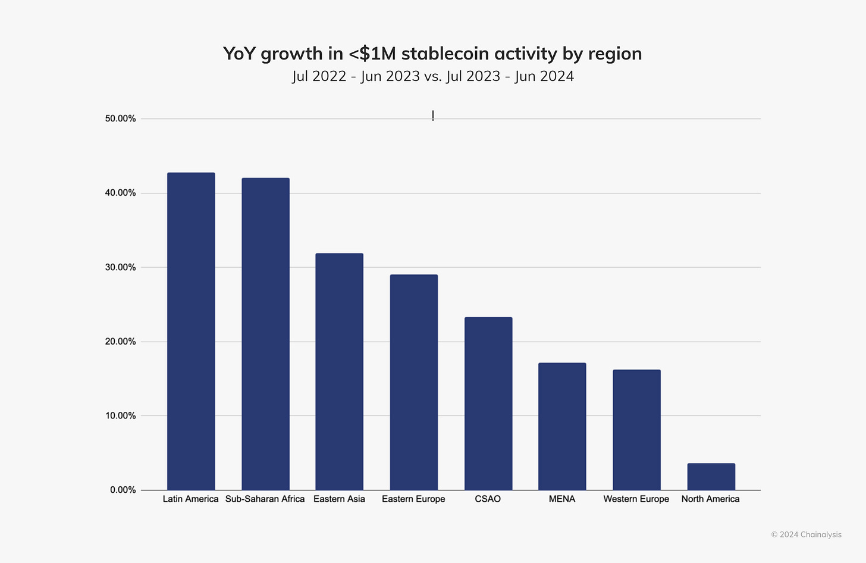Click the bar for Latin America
click(x=191, y=331)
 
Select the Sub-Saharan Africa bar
click(x=265, y=334)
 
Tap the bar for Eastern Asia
click(x=339, y=372)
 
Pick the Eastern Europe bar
click(x=413, y=383)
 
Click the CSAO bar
click(x=488, y=404)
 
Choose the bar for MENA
click(x=562, y=427)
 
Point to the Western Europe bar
click(x=636, y=430)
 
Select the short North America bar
click(x=711, y=477)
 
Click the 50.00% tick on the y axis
click(x=121, y=118)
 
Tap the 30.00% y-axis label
click(x=121, y=267)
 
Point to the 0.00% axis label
click(x=123, y=490)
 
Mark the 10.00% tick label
click(x=121, y=415)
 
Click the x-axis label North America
click(x=710, y=499)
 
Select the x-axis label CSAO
click(x=488, y=499)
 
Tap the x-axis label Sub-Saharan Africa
click(x=265, y=499)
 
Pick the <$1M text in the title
click(x=372, y=54)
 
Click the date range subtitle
click(x=432, y=76)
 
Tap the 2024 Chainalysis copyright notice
click(x=806, y=534)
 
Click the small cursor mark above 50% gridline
click(x=433, y=115)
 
